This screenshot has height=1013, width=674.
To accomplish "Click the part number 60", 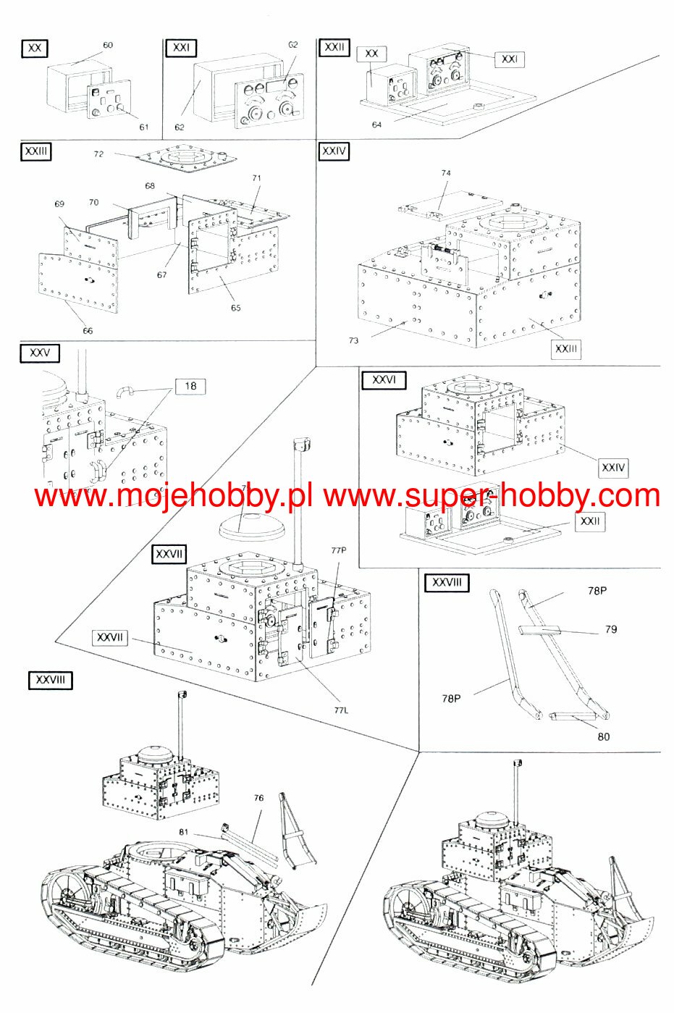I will point(108,45).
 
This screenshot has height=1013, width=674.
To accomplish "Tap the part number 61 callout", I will point(144,127).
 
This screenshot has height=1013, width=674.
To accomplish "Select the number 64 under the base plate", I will point(376,125).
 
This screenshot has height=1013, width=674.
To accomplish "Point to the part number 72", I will point(99,154).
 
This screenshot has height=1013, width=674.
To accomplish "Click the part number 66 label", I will point(88,331).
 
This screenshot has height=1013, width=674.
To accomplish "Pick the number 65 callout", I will point(236,308).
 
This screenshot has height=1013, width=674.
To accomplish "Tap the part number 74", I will point(446,173).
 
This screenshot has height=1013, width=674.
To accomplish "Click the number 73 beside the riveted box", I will point(353,340).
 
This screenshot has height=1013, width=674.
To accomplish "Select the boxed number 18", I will point(190,386).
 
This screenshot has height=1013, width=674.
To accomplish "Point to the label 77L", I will point(341,710).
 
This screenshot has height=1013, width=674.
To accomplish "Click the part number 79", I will point(611,629).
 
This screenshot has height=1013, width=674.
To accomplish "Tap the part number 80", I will point(604,736).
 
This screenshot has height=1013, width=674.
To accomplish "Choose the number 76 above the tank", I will point(258,798).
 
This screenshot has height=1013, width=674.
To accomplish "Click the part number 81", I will point(183,832).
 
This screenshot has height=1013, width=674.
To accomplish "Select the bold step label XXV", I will point(40,353).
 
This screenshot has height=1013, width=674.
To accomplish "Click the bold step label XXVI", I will point(384,380).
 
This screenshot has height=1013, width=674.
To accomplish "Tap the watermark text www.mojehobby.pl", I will point(174,497).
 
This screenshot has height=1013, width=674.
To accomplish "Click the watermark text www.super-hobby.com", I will point(492,497).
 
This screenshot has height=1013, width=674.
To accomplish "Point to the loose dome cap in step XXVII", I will point(250,526).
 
